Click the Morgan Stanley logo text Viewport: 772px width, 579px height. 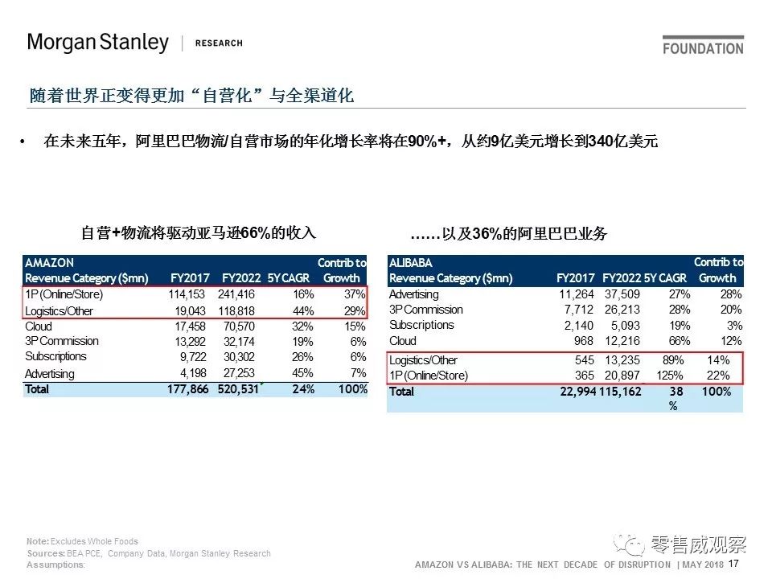[97, 43]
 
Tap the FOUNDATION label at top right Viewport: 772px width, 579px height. [703, 48]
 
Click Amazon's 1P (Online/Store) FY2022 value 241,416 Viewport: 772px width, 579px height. [236, 294]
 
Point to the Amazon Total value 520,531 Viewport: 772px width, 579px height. [238, 389]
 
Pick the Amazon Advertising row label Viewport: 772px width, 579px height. [49, 373]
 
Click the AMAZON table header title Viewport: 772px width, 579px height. [49, 263]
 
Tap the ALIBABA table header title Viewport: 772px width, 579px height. [411, 263]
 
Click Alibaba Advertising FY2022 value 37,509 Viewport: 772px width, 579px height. [622, 294]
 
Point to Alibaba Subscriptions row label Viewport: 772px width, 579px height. [421, 325]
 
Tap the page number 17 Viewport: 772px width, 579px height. [733, 564]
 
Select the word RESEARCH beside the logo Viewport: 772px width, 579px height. [219, 43]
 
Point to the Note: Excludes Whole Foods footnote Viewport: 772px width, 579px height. [82, 541]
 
